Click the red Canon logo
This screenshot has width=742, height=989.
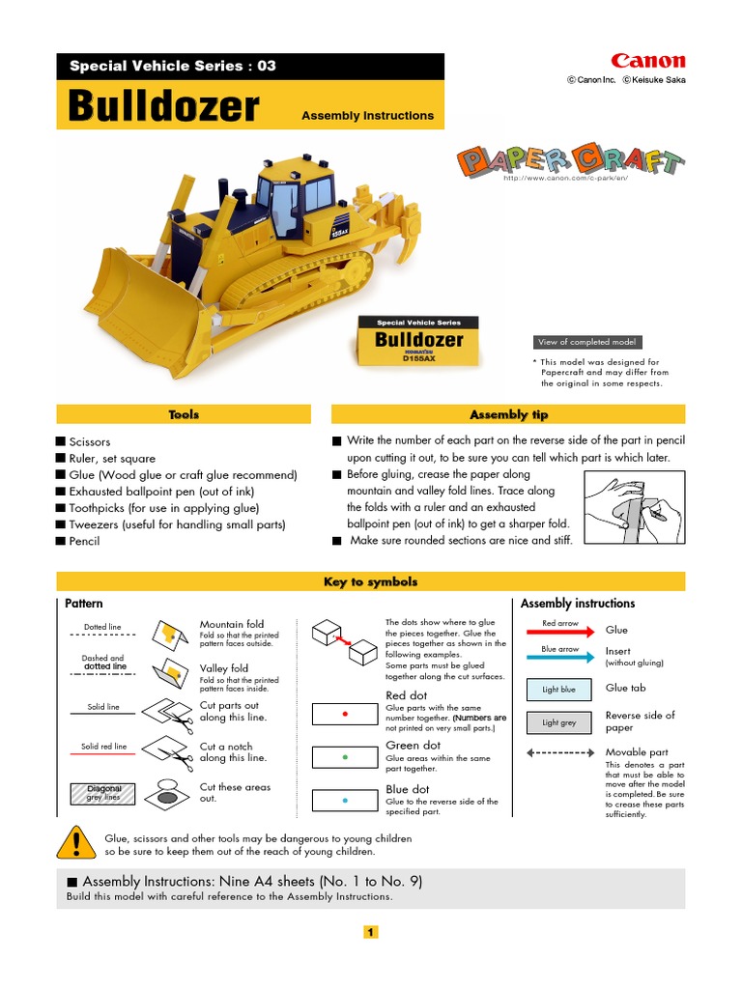tap(647, 61)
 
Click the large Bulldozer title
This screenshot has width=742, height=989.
tap(163, 107)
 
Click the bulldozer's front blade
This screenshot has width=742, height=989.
tap(145, 295)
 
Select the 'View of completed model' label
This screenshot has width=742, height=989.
tap(586, 342)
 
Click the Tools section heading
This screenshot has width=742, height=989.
tap(184, 414)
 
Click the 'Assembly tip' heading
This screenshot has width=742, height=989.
tap(508, 414)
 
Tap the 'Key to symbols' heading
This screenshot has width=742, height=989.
tap(371, 581)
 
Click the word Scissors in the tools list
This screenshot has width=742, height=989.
tap(89, 441)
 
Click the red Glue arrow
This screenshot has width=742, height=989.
tap(560, 632)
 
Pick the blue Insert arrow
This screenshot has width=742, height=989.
tap(560, 657)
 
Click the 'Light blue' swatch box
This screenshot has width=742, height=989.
tap(558, 690)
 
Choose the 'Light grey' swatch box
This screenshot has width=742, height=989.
tap(558, 722)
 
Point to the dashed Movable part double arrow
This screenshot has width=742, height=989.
tap(560, 751)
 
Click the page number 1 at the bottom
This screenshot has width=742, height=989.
tap(371, 932)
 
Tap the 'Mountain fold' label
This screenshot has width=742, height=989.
tap(231, 624)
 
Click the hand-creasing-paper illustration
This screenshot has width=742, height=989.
tap(634, 508)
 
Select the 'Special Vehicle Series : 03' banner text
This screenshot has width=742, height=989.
tap(173, 66)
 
